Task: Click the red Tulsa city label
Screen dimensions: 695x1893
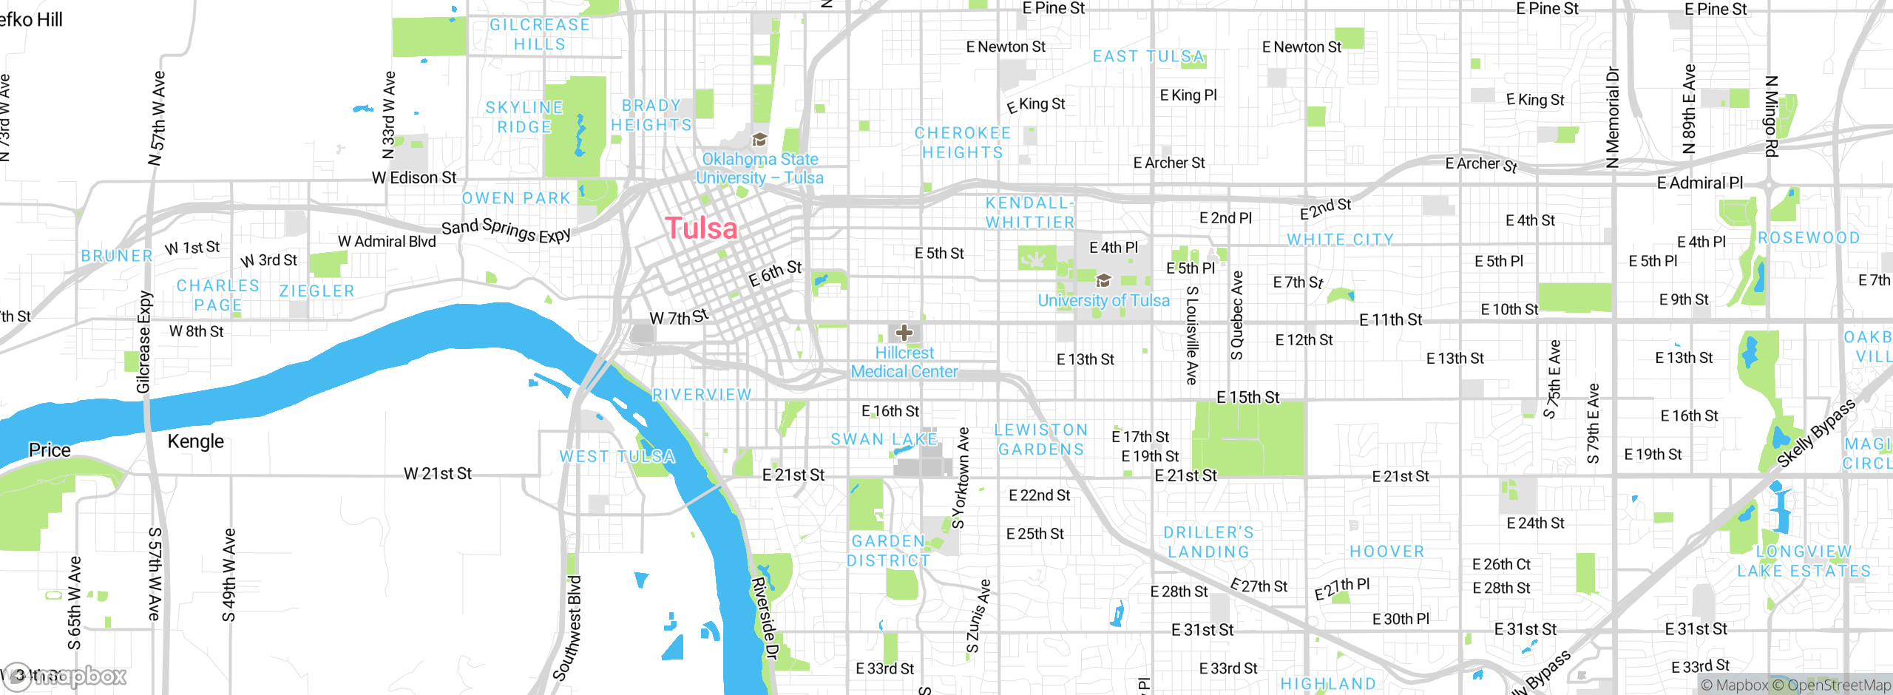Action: tap(701, 228)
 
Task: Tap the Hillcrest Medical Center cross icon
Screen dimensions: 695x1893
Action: tap(904, 333)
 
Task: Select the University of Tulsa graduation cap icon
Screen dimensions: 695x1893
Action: tap(1103, 280)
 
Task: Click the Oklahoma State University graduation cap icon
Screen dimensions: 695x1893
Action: tap(759, 140)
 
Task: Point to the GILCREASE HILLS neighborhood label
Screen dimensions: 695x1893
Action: tap(540, 35)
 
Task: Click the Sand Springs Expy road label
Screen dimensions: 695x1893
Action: tap(506, 230)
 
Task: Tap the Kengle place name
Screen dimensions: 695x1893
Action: tap(195, 441)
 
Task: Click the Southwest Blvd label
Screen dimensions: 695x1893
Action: tap(568, 628)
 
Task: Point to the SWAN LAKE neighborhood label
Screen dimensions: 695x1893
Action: tap(884, 439)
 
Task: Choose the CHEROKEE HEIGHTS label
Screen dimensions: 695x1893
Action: tap(962, 143)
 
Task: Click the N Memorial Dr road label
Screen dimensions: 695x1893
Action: tap(1613, 118)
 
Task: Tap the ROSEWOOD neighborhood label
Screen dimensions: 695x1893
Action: tap(1809, 238)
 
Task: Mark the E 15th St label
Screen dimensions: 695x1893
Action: tap(1247, 398)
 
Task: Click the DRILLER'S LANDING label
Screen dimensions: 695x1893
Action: tap(1208, 542)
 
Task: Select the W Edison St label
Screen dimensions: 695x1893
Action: tap(414, 178)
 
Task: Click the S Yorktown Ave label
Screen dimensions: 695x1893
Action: tap(961, 478)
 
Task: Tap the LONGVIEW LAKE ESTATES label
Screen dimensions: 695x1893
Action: tap(1804, 561)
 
